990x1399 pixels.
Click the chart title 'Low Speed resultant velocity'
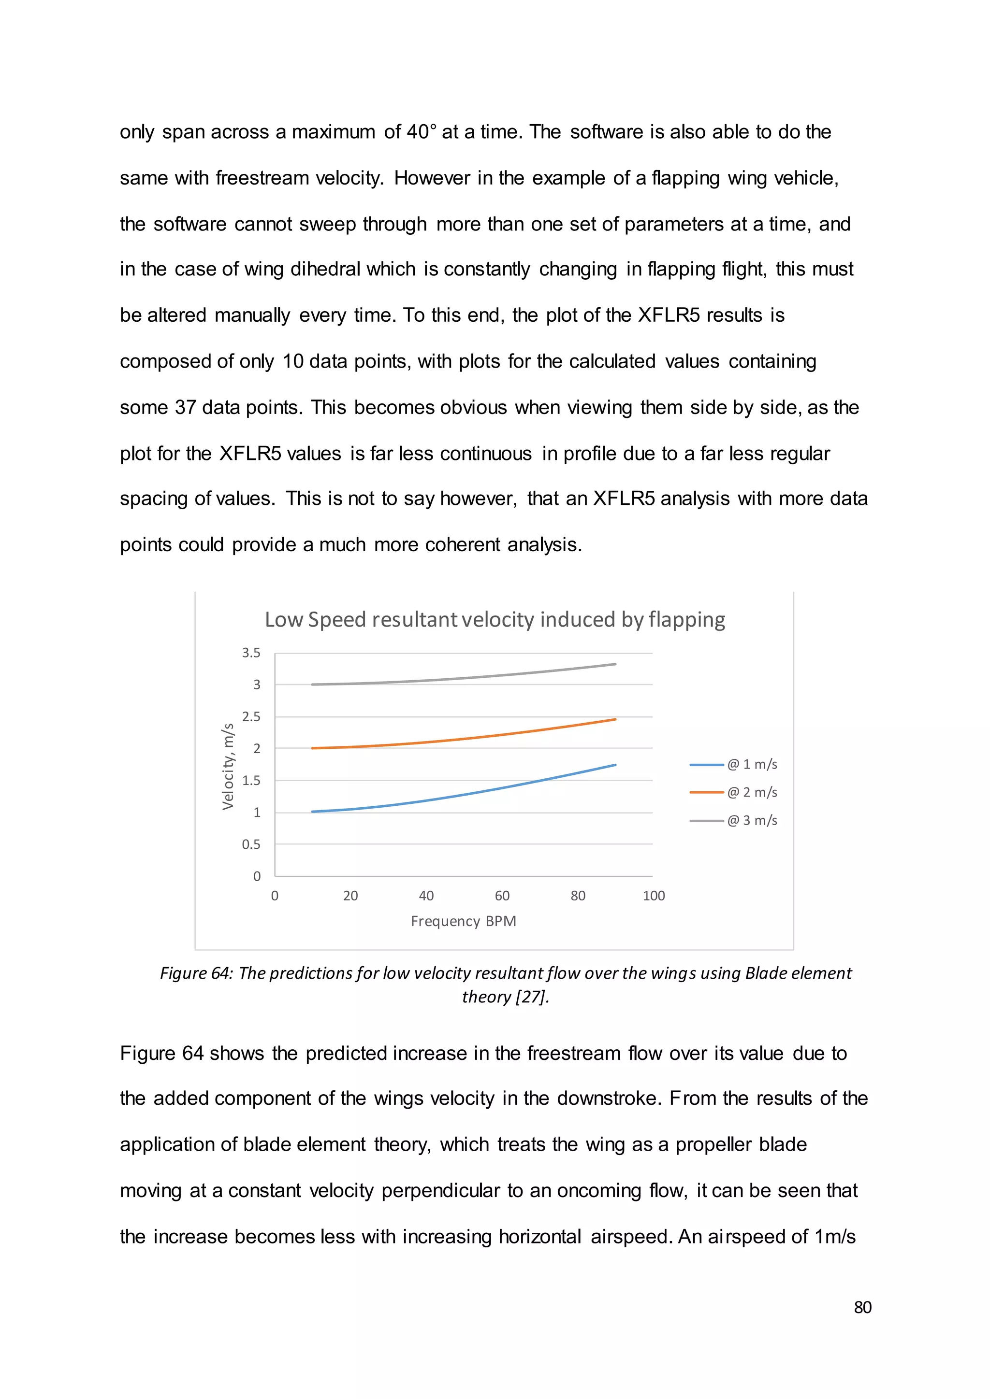tap(495, 619)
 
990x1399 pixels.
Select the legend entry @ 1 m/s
tap(752, 764)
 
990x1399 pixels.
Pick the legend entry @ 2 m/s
tap(752, 792)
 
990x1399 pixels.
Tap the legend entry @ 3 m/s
tap(752, 820)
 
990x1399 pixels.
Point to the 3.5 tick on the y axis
tap(250, 653)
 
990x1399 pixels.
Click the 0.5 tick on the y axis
tap(250, 844)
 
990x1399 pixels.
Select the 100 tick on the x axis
tap(654, 896)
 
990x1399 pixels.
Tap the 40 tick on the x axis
tap(426, 896)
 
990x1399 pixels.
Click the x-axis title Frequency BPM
tap(463, 921)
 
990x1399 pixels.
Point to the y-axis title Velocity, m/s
tap(228, 767)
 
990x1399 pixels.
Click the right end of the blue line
tap(615, 765)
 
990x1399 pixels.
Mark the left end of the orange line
tap(313, 748)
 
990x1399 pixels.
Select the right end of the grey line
tap(615, 664)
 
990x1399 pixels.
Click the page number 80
tap(862, 1307)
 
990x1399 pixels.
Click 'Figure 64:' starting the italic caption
tap(196, 973)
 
